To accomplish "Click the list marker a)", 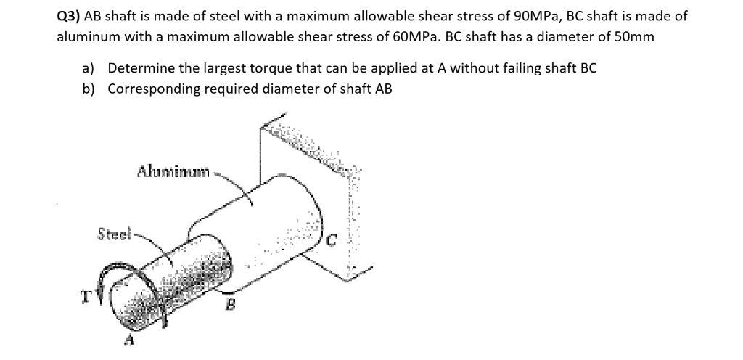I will (89, 68).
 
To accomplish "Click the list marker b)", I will (89, 89).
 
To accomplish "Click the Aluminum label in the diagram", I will (173, 172).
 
